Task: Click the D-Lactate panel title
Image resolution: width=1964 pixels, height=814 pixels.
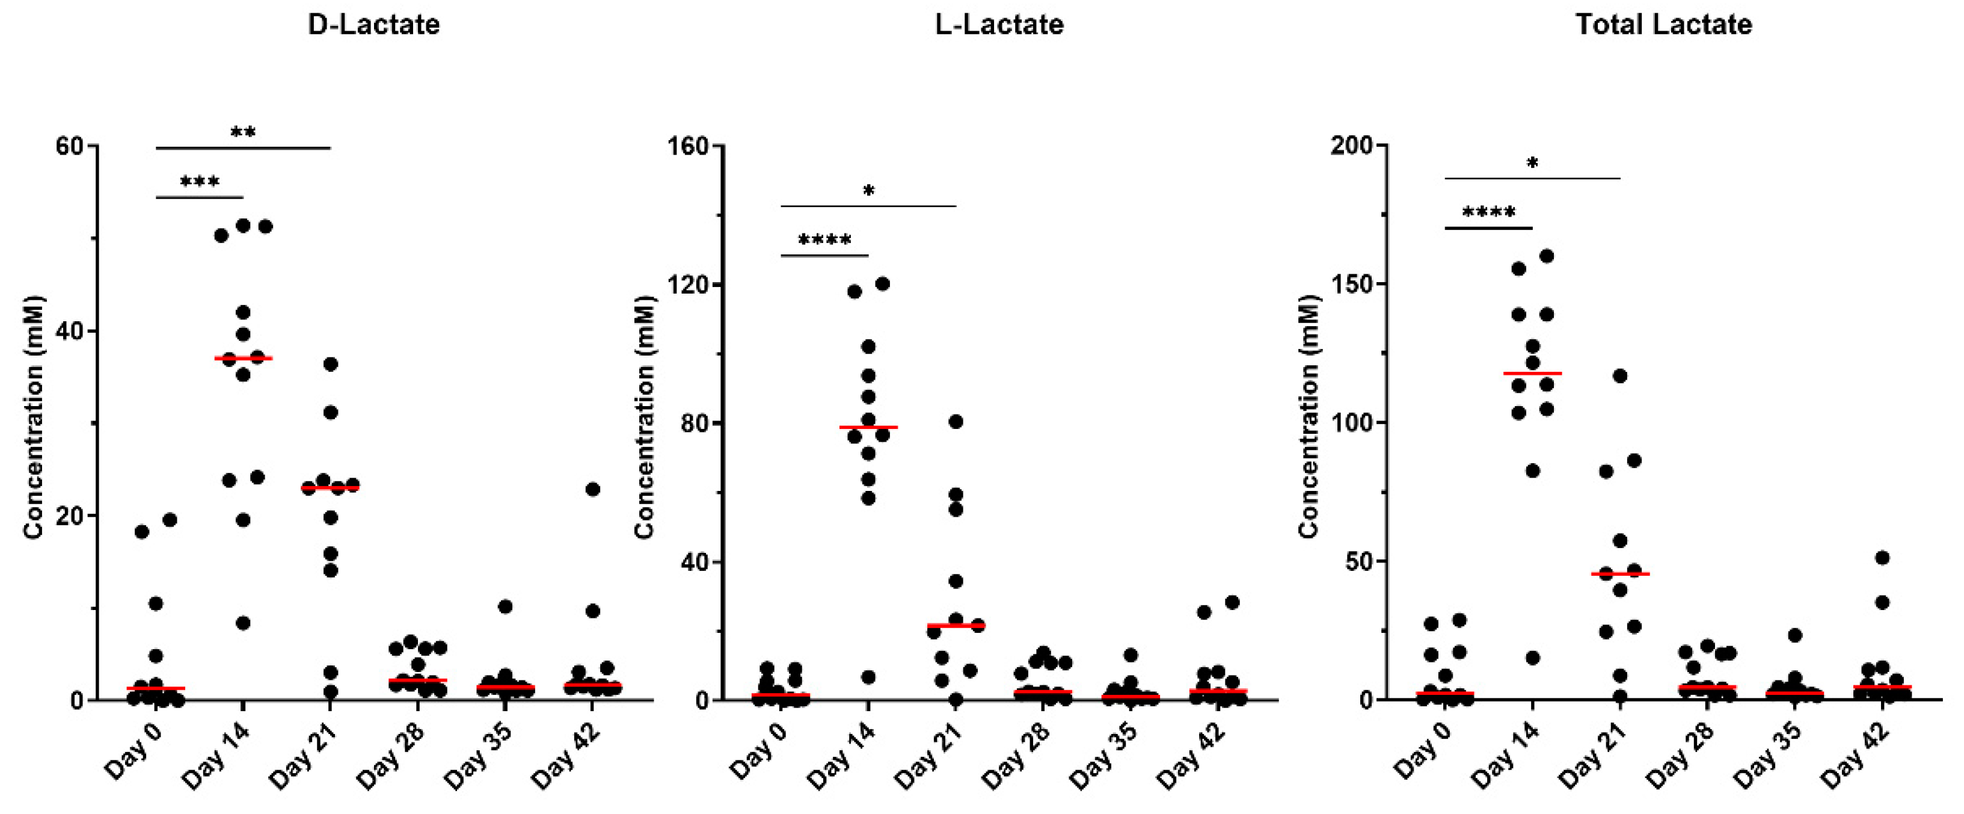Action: (x=373, y=25)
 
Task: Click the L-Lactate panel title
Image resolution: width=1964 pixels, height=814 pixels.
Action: (x=999, y=25)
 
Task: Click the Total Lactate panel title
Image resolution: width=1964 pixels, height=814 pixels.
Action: (x=1663, y=25)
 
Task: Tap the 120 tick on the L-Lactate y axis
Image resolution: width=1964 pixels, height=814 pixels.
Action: (x=689, y=285)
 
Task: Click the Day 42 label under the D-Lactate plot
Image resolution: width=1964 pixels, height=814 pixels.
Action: (x=566, y=755)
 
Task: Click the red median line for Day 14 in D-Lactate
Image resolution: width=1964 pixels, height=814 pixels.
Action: (x=243, y=358)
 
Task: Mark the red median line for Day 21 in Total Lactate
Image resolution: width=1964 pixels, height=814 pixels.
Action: (x=1620, y=574)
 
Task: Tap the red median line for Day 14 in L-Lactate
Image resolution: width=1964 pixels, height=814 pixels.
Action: (x=868, y=427)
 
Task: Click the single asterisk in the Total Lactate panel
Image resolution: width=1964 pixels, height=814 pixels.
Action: (x=1532, y=163)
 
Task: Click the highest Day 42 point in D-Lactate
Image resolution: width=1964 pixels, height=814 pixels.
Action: (x=592, y=489)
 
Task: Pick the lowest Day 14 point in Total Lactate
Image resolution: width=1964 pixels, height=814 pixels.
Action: (x=1532, y=658)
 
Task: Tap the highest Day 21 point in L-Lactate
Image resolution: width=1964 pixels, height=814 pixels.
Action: (x=956, y=422)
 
